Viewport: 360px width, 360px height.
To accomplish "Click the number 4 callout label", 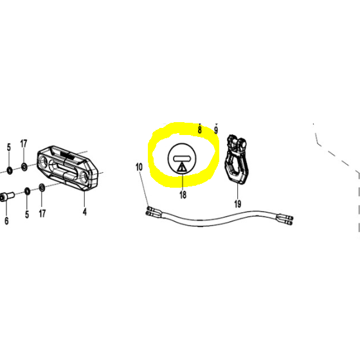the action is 85,212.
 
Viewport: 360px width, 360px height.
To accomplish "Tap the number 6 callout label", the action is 6,221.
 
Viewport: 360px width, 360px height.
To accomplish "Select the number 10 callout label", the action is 139,167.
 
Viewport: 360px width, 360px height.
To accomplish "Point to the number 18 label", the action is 183,195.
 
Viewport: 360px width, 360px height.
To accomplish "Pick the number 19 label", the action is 238,204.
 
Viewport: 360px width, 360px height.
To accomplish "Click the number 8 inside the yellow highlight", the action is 199,130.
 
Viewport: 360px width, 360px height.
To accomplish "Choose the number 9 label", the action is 216,130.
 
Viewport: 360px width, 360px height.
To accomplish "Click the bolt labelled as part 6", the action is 7,197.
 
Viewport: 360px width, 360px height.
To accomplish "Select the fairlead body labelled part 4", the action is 67,168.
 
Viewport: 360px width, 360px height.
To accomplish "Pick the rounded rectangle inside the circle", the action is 182,158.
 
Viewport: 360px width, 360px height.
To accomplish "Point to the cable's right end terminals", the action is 286,219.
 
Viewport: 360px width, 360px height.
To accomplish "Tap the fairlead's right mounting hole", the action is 84,177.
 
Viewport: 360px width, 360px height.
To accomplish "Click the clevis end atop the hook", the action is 237,143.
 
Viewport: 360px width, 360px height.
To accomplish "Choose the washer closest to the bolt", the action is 27,191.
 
